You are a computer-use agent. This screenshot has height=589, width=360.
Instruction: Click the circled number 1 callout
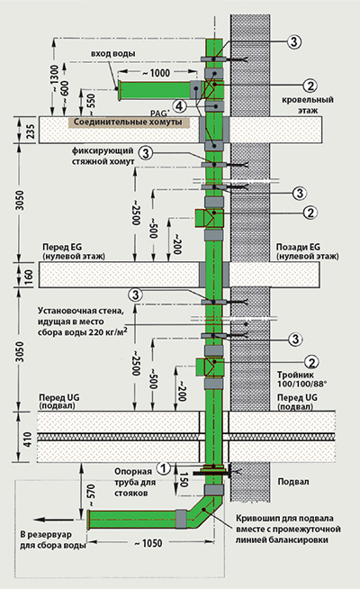tap(163, 468)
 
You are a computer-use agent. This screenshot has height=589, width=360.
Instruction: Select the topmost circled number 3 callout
tap(294, 41)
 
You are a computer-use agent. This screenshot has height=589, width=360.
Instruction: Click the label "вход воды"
tap(112, 54)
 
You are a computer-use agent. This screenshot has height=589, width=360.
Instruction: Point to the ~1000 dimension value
tap(157, 72)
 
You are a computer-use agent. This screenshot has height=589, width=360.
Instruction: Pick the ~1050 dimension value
tap(148, 543)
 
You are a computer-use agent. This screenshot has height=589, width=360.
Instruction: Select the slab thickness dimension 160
tap(29, 276)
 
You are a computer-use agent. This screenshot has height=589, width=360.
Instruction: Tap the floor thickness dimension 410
tap(28, 439)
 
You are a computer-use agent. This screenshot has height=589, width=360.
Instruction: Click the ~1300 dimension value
tap(54, 79)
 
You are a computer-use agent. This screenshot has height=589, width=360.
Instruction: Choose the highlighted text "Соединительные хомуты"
tap(128, 122)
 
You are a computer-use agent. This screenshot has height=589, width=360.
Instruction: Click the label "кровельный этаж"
tap(308, 104)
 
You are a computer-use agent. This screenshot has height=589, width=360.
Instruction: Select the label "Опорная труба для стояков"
tap(133, 482)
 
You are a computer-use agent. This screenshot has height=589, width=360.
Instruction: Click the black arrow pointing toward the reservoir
tap(58, 520)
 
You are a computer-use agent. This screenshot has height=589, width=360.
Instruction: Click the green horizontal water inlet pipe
tap(157, 90)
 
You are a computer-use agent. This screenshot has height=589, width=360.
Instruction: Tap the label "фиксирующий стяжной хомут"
tap(103, 156)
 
